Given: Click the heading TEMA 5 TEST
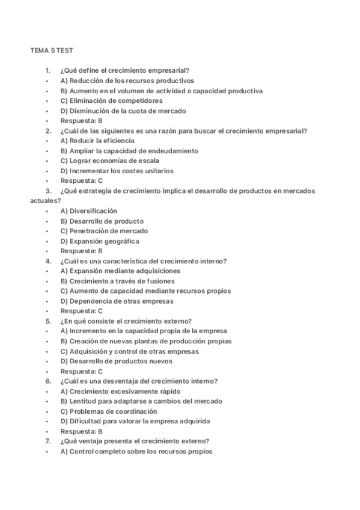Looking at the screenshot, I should pyautogui.click(x=51, y=51).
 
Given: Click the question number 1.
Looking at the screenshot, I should pyautogui.click(x=47, y=71).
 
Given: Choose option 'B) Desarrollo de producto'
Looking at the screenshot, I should pyautogui.click(x=102, y=221).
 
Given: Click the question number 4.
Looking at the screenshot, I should pyautogui.click(x=47, y=261).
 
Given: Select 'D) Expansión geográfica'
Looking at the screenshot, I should pyautogui.click(x=100, y=241).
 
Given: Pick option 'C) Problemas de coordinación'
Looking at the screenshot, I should pyautogui.click(x=108, y=411).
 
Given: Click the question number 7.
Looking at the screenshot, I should pyautogui.click(x=47, y=441).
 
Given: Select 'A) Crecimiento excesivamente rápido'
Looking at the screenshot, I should pyautogui.click(x=120, y=392).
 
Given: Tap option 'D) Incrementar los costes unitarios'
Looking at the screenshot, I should pyautogui.click(x=117, y=171).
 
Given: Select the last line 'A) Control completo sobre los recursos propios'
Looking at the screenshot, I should pyautogui.click(x=136, y=452).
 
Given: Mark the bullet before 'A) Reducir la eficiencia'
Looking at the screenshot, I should pyautogui.click(x=46, y=141).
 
